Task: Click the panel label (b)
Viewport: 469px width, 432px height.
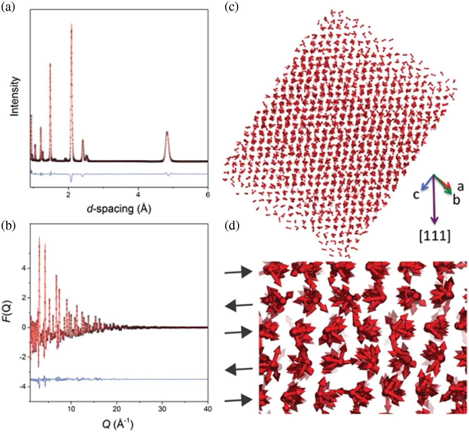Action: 8,225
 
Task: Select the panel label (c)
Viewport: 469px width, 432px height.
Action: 232,7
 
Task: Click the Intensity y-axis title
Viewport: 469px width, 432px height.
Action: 14,96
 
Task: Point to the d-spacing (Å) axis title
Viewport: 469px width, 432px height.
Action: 119,209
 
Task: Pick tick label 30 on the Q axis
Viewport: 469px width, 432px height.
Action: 162,409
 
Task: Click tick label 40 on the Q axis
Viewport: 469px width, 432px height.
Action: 208,409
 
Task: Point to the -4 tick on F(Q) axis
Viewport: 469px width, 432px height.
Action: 23,387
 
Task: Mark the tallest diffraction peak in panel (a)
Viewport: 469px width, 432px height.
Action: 71,25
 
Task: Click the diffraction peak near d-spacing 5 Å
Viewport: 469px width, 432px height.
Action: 167,132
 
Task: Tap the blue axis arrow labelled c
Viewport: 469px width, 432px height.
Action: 427,183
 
